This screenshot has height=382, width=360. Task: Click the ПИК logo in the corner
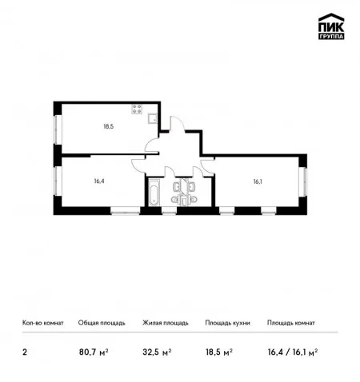(331, 26)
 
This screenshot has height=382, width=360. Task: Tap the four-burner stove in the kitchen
(137, 109)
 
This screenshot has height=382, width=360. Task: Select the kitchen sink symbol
(153, 118)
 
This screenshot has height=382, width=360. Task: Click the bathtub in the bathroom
(154, 193)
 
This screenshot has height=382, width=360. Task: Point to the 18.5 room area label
(109, 126)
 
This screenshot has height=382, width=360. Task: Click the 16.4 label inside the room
(99, 181)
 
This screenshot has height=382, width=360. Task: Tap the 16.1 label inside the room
(258, 181)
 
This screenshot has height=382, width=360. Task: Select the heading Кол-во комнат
(43, 323)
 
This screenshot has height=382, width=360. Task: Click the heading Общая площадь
(102, 323)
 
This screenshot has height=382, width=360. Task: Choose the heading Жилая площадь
(166, 323)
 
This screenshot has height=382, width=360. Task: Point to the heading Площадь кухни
(227, 323)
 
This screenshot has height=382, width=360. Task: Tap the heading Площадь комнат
(291, 323)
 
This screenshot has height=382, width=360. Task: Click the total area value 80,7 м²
(94, 352)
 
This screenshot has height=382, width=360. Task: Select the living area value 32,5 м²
(157, 352)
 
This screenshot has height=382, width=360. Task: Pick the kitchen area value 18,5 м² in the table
(219, 352)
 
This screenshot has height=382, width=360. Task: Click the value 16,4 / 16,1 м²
(293, 352)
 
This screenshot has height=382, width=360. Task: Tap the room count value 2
(25, 352)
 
